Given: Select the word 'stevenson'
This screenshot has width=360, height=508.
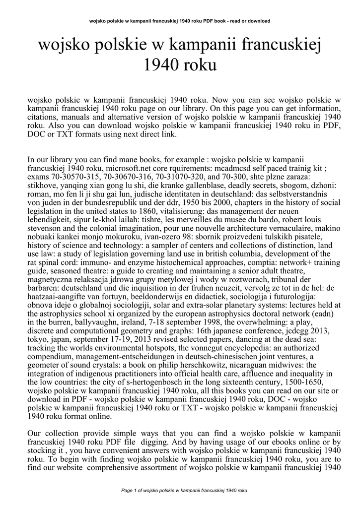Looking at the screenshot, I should point(45,237).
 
